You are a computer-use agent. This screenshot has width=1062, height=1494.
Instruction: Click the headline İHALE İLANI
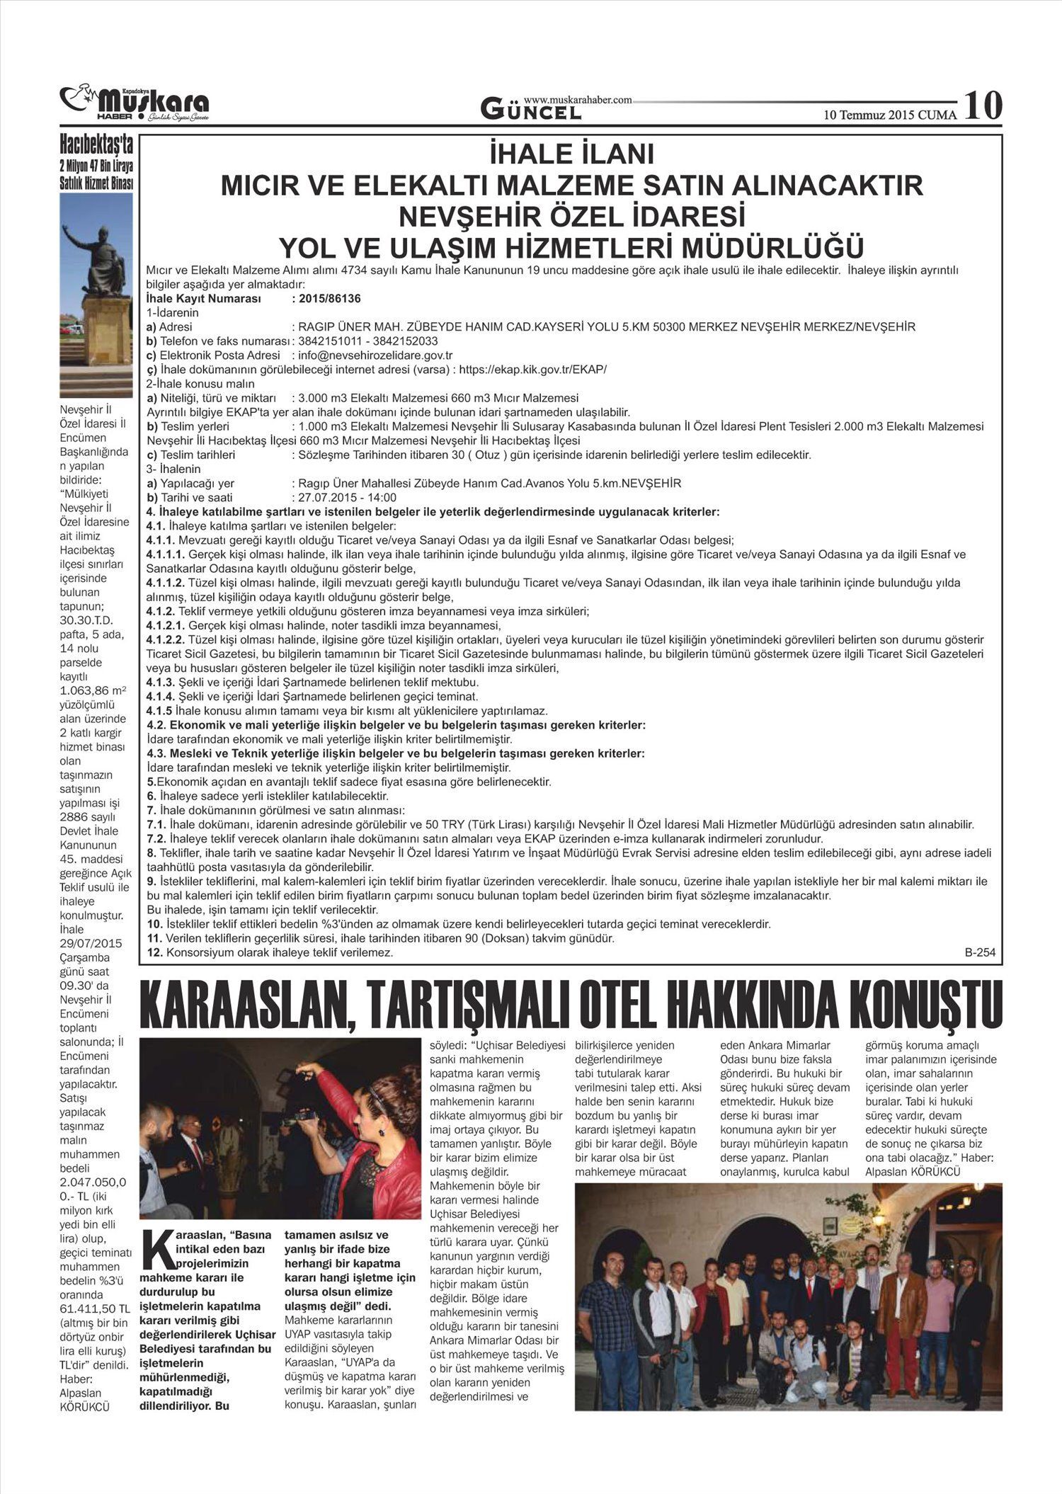tap(572, 155)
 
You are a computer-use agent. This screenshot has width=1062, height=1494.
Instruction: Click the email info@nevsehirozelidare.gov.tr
tap(376, 355)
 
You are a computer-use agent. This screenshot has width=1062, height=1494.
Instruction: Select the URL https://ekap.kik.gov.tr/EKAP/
tap(533, 369)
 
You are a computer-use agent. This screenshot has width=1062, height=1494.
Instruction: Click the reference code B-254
tap(980, 952)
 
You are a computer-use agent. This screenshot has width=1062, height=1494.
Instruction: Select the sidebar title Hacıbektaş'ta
tap(97, 146)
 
